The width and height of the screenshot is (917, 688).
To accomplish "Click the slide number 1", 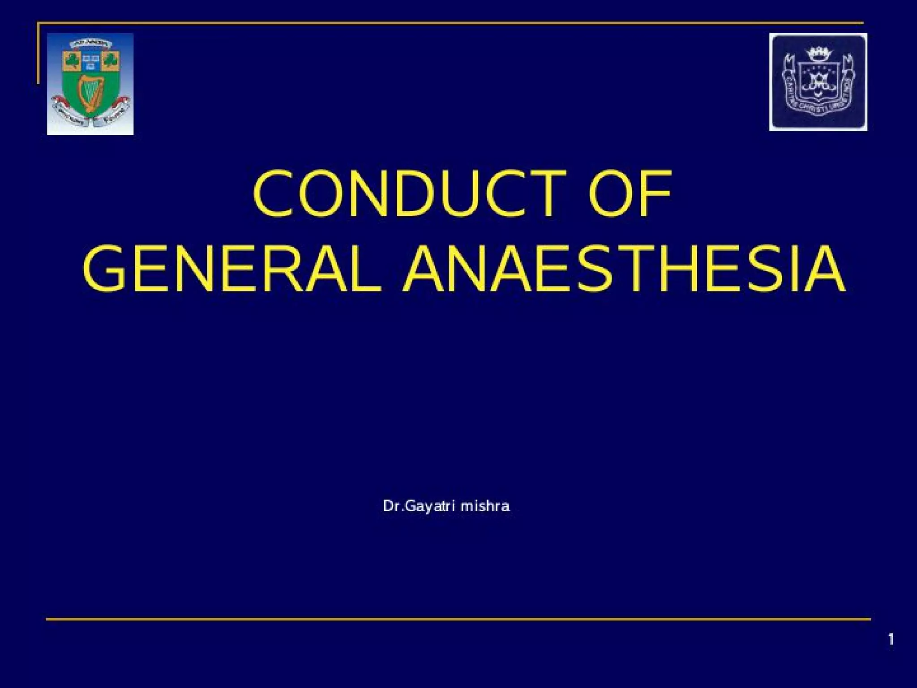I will coord(891,640).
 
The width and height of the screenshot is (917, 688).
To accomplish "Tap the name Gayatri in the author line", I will coord(430,506).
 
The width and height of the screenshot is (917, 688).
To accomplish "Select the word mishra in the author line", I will coord(485,506).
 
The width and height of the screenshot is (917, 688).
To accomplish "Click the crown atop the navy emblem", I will coord(818,54).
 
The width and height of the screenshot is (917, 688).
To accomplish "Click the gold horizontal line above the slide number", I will coord(458,619).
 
